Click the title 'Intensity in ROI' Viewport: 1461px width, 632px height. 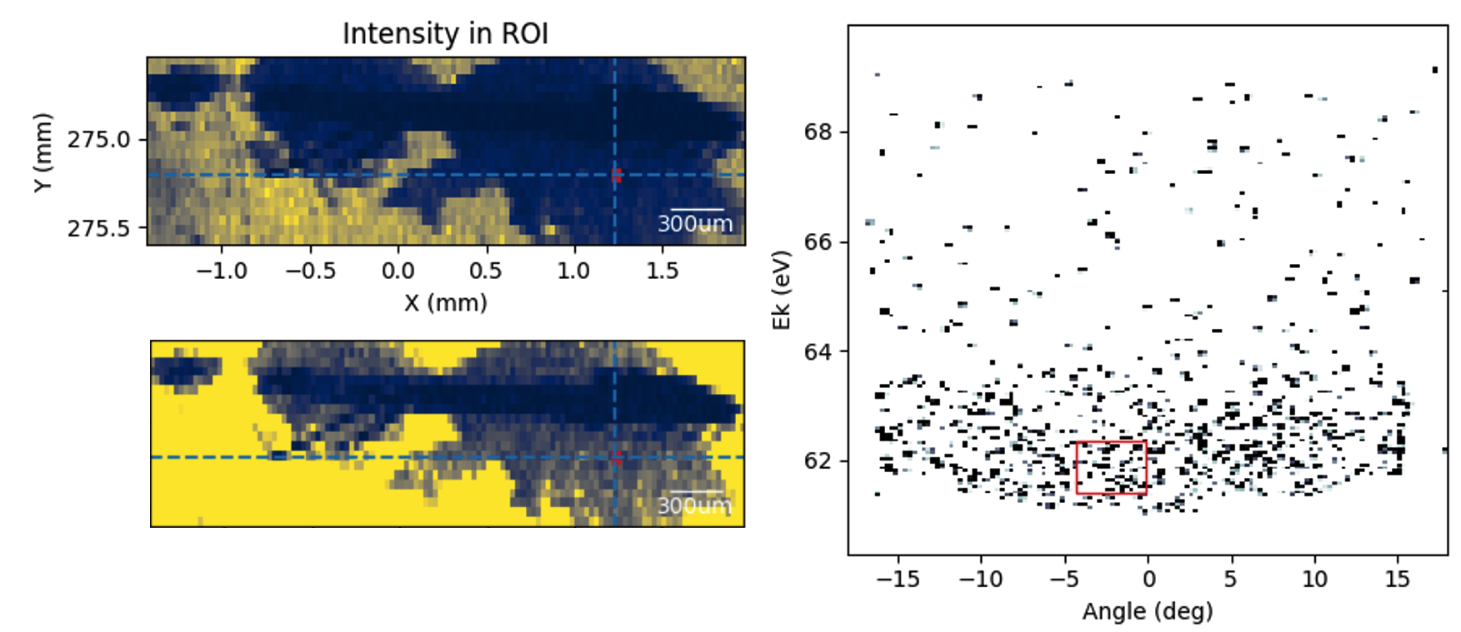(x=445, y=34)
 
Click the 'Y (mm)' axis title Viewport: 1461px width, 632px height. (x=43, y=152)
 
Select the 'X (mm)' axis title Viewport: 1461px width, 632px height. (x=445, y=302)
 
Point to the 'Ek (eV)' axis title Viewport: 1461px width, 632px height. (x=781, y=290)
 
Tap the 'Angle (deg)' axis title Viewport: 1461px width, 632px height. (x=1147, y=612)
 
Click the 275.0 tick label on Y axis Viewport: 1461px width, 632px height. (x=99, y=139)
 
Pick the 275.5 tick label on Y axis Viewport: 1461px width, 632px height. (x=99, y=227)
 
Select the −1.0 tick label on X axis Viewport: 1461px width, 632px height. (x=221, y=271)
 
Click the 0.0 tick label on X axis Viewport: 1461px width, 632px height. (x=398, y=271)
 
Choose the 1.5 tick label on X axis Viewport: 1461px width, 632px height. (x=662, y=271)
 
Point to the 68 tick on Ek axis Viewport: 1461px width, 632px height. (x=818, y=132)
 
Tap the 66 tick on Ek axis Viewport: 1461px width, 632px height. (x=818, y=241)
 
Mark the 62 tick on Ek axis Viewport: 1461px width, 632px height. (x=818, y=460)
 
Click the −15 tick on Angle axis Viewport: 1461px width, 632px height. (x=898, y=579)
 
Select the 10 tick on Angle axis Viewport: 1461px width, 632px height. (x=1314, y=579)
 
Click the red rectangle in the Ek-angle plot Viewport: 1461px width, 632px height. (x=1111, y=467)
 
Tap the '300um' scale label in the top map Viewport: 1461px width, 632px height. (x=695, y=224)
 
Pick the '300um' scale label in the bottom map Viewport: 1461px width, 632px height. (x=695, y=505)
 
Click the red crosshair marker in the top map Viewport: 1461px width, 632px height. (x=616, y=175)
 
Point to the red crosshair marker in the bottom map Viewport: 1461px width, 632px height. (x=616, y=457)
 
